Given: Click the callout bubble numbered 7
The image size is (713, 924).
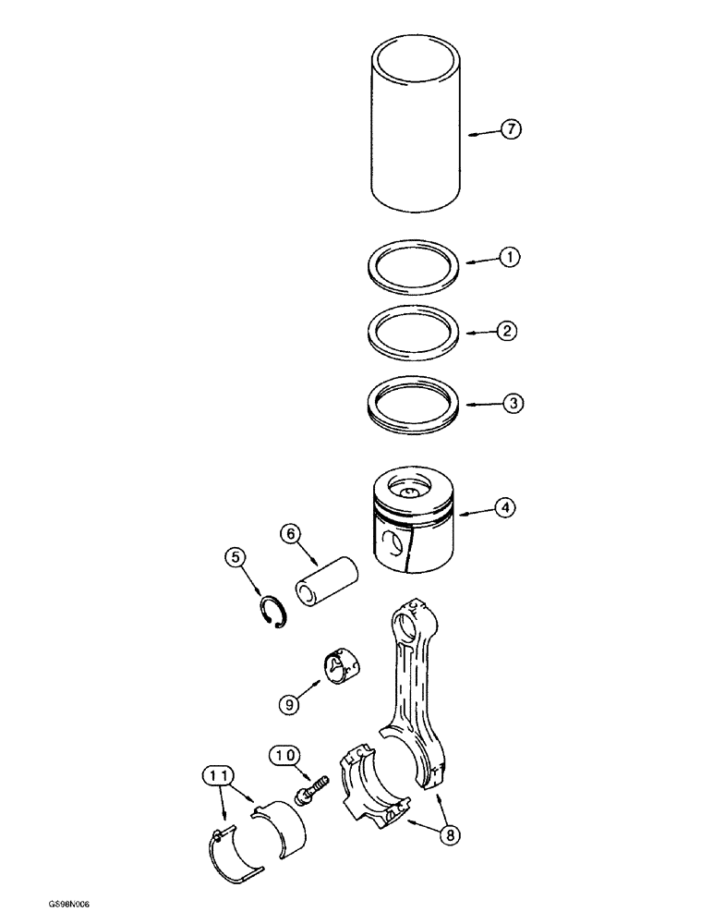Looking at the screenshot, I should [512, 130].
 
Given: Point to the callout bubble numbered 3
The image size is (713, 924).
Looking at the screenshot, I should [512, 402].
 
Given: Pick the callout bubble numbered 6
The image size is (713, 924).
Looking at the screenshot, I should [288, 534].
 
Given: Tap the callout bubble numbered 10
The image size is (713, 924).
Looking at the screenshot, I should [285, 756].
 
